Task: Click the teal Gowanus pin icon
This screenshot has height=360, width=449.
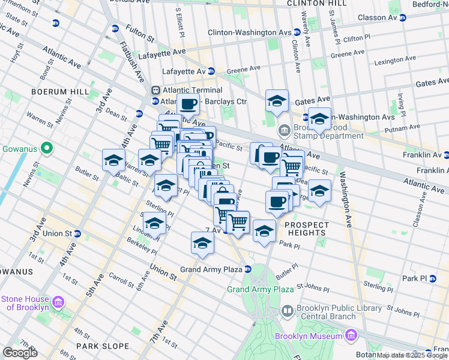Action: [x=46, y=148]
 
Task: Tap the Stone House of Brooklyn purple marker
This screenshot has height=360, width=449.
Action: [x=58, y=301]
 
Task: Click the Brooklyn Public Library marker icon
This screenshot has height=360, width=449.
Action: [x=288, y=310]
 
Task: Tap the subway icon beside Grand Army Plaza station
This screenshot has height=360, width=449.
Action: [x=247, y=269]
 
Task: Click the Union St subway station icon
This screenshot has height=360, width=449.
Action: [x=77, y=233]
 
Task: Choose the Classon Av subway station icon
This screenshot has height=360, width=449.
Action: [x=403, y=18]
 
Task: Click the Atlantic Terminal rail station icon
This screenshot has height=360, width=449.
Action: [x=155, y=90]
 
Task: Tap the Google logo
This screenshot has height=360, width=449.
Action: [x=20, y=353]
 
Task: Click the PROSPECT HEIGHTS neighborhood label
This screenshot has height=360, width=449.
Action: [x=307, y=225]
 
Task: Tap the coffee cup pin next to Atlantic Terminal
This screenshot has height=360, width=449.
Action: [x=188, y=104]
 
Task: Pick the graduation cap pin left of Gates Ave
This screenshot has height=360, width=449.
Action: [x=277, y=101]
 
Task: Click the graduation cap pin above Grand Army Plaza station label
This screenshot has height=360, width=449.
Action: [x=202, y=243]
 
